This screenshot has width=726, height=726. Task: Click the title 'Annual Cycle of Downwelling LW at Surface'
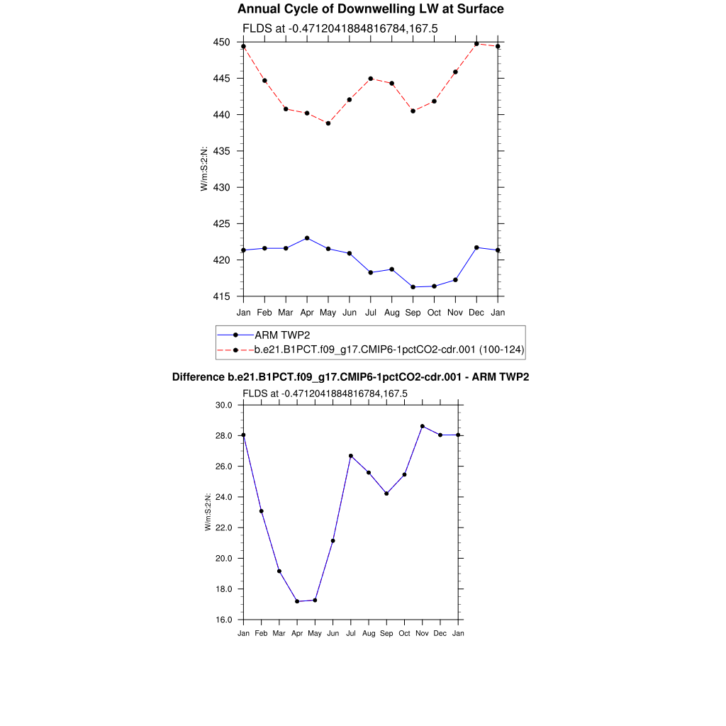(370, 9)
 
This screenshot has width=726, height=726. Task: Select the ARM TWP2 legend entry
(281, 335)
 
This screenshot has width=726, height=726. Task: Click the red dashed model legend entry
(389, 350)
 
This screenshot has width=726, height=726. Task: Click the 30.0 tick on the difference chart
(225, 405)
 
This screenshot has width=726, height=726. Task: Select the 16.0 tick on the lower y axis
(225, 620)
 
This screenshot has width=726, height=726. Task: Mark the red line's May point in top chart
(328, 123)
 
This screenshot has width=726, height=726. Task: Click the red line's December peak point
(476, 44)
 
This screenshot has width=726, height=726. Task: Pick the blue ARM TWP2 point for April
(307, 238)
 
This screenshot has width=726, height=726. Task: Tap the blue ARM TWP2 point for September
(413, 287)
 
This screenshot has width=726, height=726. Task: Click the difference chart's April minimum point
(297, 601)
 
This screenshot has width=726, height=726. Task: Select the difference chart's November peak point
(423, 426)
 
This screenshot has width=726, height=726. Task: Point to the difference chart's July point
(351, 456)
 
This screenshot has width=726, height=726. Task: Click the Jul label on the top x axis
(370, 313)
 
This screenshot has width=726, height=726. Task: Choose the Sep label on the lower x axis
(386, 633)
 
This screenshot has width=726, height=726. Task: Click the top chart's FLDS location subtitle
(340, 28)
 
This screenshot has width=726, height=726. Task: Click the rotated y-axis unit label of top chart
(204, 169)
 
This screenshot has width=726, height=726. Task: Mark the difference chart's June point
(333, 541)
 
